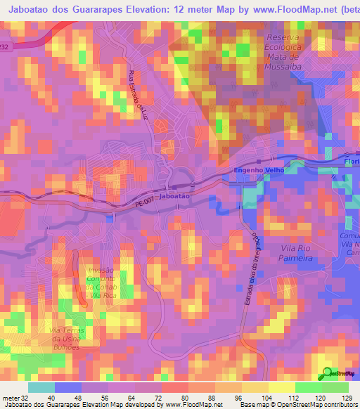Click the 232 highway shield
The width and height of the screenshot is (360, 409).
click(6, 46)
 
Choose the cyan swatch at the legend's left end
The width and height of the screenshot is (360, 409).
click(41, 387)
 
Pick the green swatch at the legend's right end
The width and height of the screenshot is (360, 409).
click(335, 387)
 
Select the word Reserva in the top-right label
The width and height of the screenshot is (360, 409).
click(284, 37)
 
